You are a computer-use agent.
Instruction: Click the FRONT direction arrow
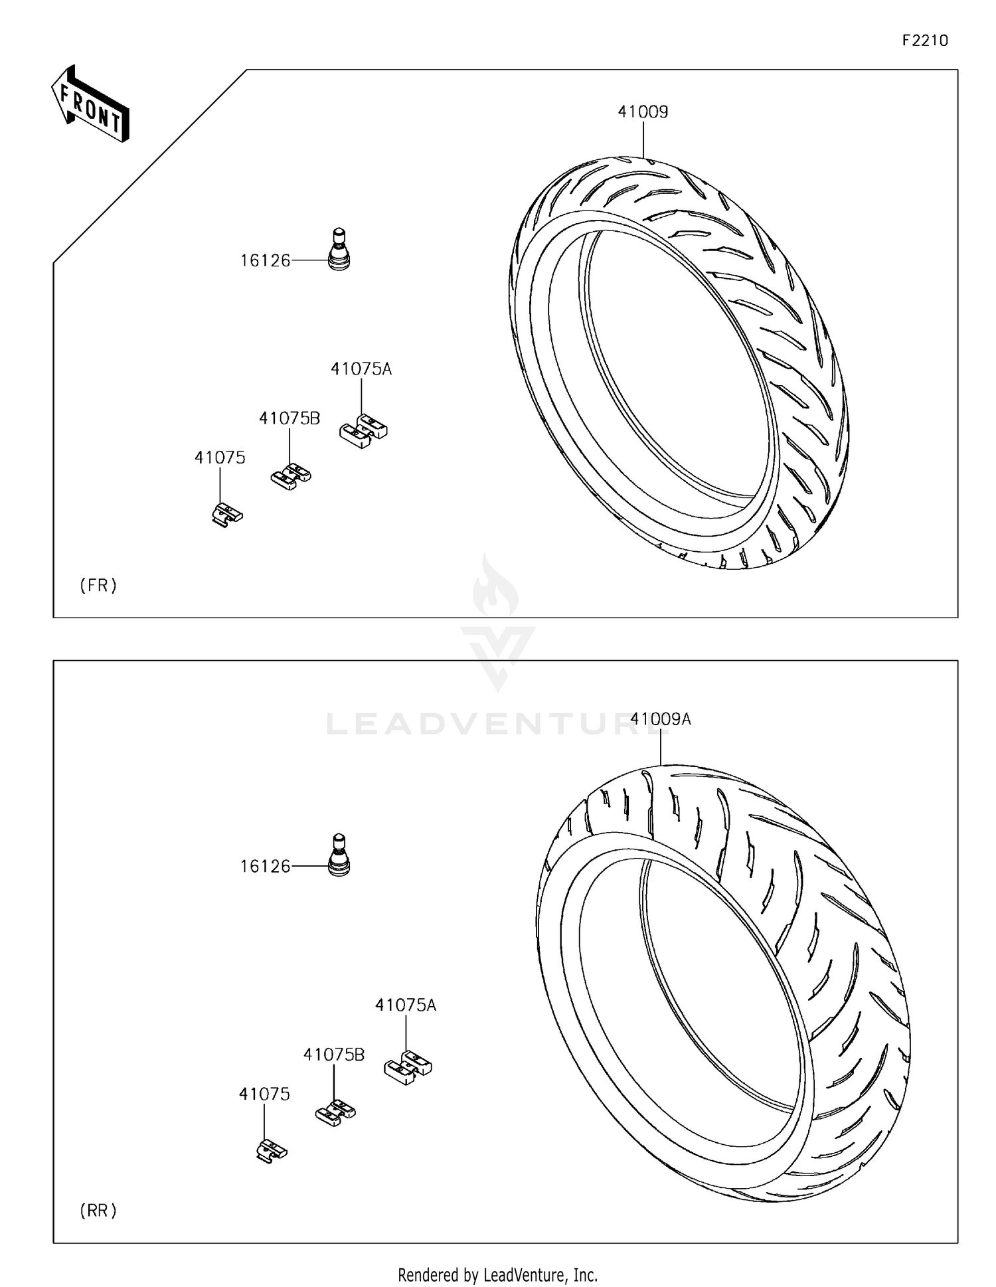90,105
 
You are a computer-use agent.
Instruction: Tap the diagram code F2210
925,41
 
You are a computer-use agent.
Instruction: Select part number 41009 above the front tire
643,112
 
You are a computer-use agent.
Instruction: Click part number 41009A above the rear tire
661,719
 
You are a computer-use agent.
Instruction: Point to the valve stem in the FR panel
339,249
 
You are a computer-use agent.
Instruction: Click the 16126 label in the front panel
265,261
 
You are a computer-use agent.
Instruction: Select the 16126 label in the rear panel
265,867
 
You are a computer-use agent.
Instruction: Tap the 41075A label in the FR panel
361,369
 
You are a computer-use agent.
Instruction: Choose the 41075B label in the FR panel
290,418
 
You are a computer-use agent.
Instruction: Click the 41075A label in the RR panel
406,1005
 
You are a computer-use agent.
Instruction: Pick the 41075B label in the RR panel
334,1055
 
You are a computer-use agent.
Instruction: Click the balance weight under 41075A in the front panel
363,431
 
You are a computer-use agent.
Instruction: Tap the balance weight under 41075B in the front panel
291,476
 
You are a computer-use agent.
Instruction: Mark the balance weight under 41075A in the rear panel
408,1067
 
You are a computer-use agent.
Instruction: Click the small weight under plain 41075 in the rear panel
271,1150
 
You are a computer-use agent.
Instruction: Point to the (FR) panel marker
98,585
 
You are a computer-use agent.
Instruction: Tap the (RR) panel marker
98,1211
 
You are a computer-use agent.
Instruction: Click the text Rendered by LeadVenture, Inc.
497,1275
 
